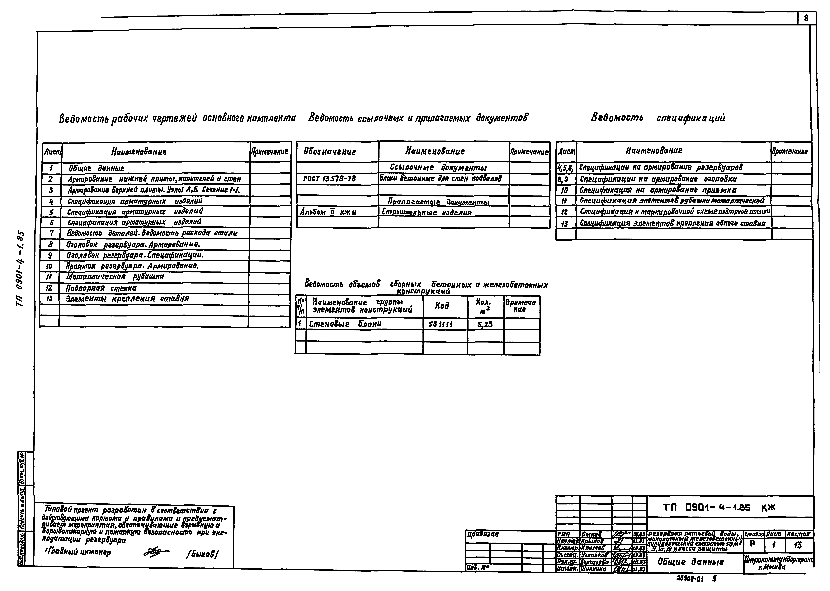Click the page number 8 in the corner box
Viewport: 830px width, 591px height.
point(806,18)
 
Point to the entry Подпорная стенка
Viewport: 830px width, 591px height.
point(101,288)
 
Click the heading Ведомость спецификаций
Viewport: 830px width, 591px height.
point(657,118)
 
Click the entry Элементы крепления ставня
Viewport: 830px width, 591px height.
point(127,299)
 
